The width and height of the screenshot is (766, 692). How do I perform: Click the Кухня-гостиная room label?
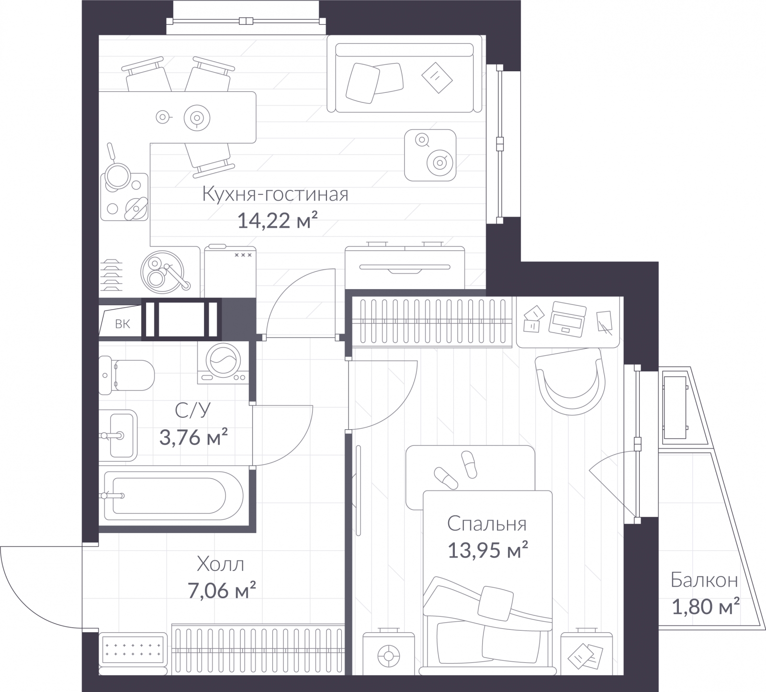(275, 195)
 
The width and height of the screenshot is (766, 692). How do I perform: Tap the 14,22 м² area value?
(278, 221)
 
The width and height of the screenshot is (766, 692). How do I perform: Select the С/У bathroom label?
(193, 411)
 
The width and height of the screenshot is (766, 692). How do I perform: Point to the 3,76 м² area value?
(193, 437)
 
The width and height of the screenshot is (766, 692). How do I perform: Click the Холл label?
(220, 565)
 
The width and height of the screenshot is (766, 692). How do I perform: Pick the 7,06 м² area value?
(222, 591)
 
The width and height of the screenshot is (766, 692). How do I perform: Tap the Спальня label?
(487, 524)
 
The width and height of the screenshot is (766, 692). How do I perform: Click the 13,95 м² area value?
(488, 550)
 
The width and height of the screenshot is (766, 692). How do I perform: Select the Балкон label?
(704, 580)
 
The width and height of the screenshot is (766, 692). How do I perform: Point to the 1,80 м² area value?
(706, 607)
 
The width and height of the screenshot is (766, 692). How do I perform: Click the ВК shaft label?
(123, 324)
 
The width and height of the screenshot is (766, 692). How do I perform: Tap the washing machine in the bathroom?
(223, 362)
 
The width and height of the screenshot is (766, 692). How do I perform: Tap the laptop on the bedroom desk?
(568, 317)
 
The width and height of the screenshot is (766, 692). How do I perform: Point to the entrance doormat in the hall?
(133, 650)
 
